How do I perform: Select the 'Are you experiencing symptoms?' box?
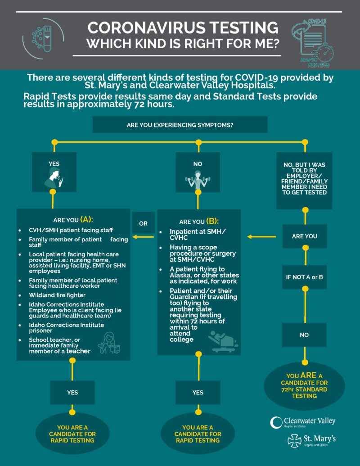(180, 125)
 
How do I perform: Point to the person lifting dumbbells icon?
(198, 179)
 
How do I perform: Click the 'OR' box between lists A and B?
(143, 223)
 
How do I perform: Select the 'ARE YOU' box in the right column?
(304, 236)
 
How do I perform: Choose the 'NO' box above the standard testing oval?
(304, 335)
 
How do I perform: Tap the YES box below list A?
(72, 393)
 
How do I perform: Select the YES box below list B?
(198, 393)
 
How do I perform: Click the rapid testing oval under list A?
(72, 434)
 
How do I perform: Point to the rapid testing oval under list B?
(198, 434)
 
